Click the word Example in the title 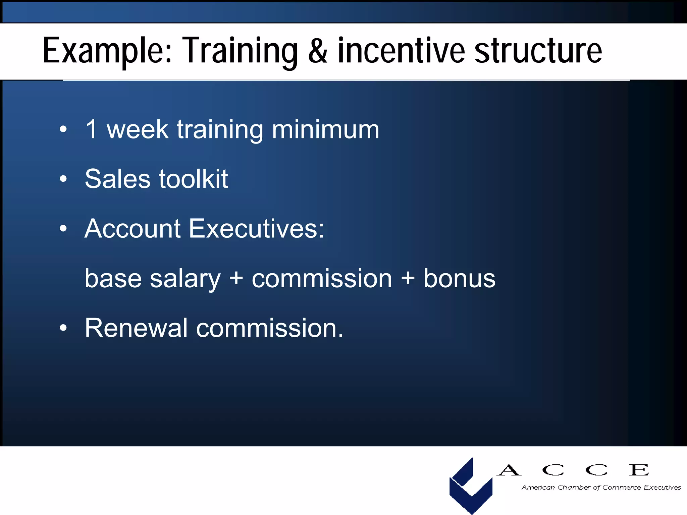107,51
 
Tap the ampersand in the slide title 317,51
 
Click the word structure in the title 538,51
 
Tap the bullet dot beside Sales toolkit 63,179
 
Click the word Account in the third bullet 133,229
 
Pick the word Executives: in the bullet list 256,229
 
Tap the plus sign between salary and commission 236,278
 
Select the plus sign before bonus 408,278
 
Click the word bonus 459,278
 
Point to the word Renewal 136,328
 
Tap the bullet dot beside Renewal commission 63,328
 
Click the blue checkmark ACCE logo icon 470,486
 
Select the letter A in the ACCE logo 509,470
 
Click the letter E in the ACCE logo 638,470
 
